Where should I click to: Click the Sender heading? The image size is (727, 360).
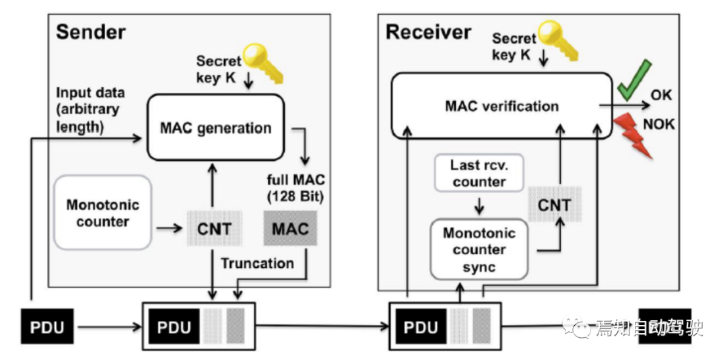point(90,31)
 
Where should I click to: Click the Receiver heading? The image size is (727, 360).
point(428,31)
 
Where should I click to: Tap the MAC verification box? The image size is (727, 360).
point(501,106)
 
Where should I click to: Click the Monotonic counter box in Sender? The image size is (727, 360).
point(102,213)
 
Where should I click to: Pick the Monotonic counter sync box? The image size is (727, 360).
point(479,250)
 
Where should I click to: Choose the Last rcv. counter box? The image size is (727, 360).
point(479,173)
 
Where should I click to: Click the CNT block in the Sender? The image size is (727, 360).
point(214,229)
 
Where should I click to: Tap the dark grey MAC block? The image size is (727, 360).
point(290,229)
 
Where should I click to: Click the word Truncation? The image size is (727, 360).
point(257,262)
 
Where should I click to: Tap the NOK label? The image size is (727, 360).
point(658,124)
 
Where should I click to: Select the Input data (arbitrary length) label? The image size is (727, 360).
point(90,109)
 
